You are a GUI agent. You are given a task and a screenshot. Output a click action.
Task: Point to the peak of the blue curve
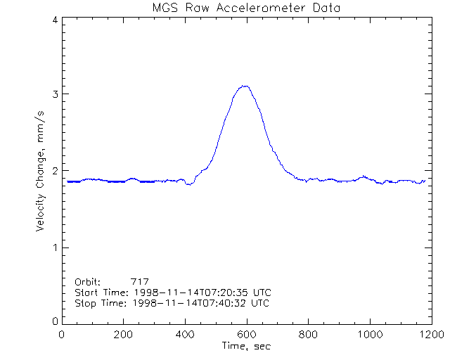(x=245, y=86)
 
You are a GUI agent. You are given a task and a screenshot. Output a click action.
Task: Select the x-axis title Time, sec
(x=246, y=346)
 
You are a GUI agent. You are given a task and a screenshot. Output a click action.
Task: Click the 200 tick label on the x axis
(x=124, y=335)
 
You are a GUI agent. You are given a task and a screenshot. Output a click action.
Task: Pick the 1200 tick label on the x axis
(x=430, y=335)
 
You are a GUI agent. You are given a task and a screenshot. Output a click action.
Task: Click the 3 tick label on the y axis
(x=54, y=94)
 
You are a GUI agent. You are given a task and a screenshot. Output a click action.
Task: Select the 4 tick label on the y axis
(x=54, y=20)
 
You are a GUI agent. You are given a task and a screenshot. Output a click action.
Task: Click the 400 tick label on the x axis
(x=185, y=335)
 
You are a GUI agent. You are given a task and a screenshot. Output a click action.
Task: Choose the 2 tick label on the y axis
(x=54, y=171)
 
